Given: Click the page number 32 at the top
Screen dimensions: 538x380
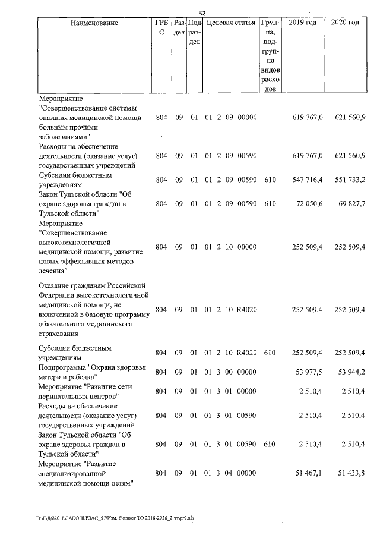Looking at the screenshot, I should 202,13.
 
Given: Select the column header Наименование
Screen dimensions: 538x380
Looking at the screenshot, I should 94,23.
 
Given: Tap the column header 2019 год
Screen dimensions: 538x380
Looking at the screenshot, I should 302,23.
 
